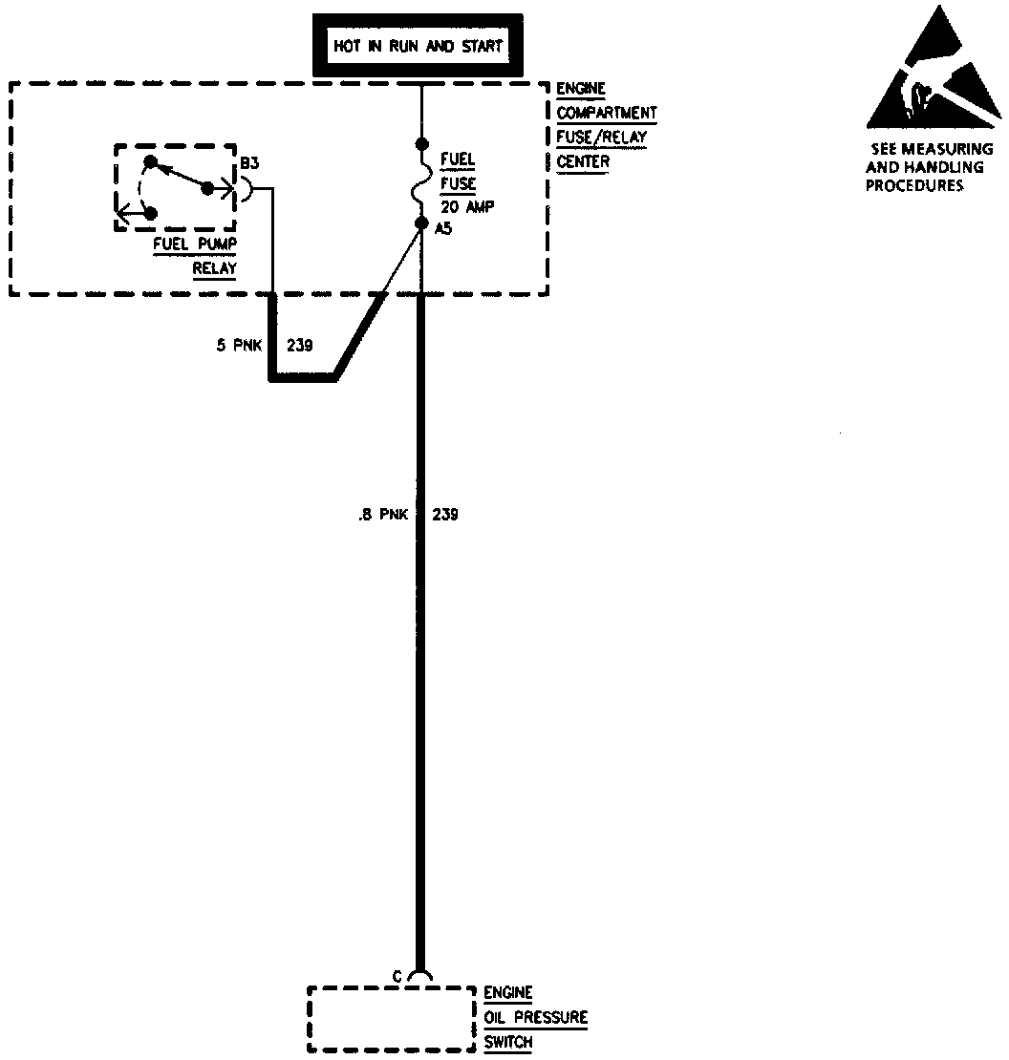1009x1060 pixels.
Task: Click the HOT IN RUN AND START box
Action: click(418, 46)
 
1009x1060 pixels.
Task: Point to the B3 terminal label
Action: click(249, 164)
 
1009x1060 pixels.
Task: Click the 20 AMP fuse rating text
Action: click(467, 206)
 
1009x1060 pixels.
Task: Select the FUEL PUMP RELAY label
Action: click(195, 255)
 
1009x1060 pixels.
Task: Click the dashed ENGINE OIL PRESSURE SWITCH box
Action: click(392, 1019)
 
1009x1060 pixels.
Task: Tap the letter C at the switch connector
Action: click(397, 975)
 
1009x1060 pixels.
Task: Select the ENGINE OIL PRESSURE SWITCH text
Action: click(534, 1018)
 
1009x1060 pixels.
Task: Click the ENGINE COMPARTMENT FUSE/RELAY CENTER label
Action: click(606, 125)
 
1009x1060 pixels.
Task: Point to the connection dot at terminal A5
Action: click(420, 223)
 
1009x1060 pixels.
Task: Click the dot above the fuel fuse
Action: click(420, 145)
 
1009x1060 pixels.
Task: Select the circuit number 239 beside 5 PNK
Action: click(300, 345)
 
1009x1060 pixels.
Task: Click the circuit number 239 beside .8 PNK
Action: click(445, 514)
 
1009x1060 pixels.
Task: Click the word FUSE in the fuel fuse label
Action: click(458, 183)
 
